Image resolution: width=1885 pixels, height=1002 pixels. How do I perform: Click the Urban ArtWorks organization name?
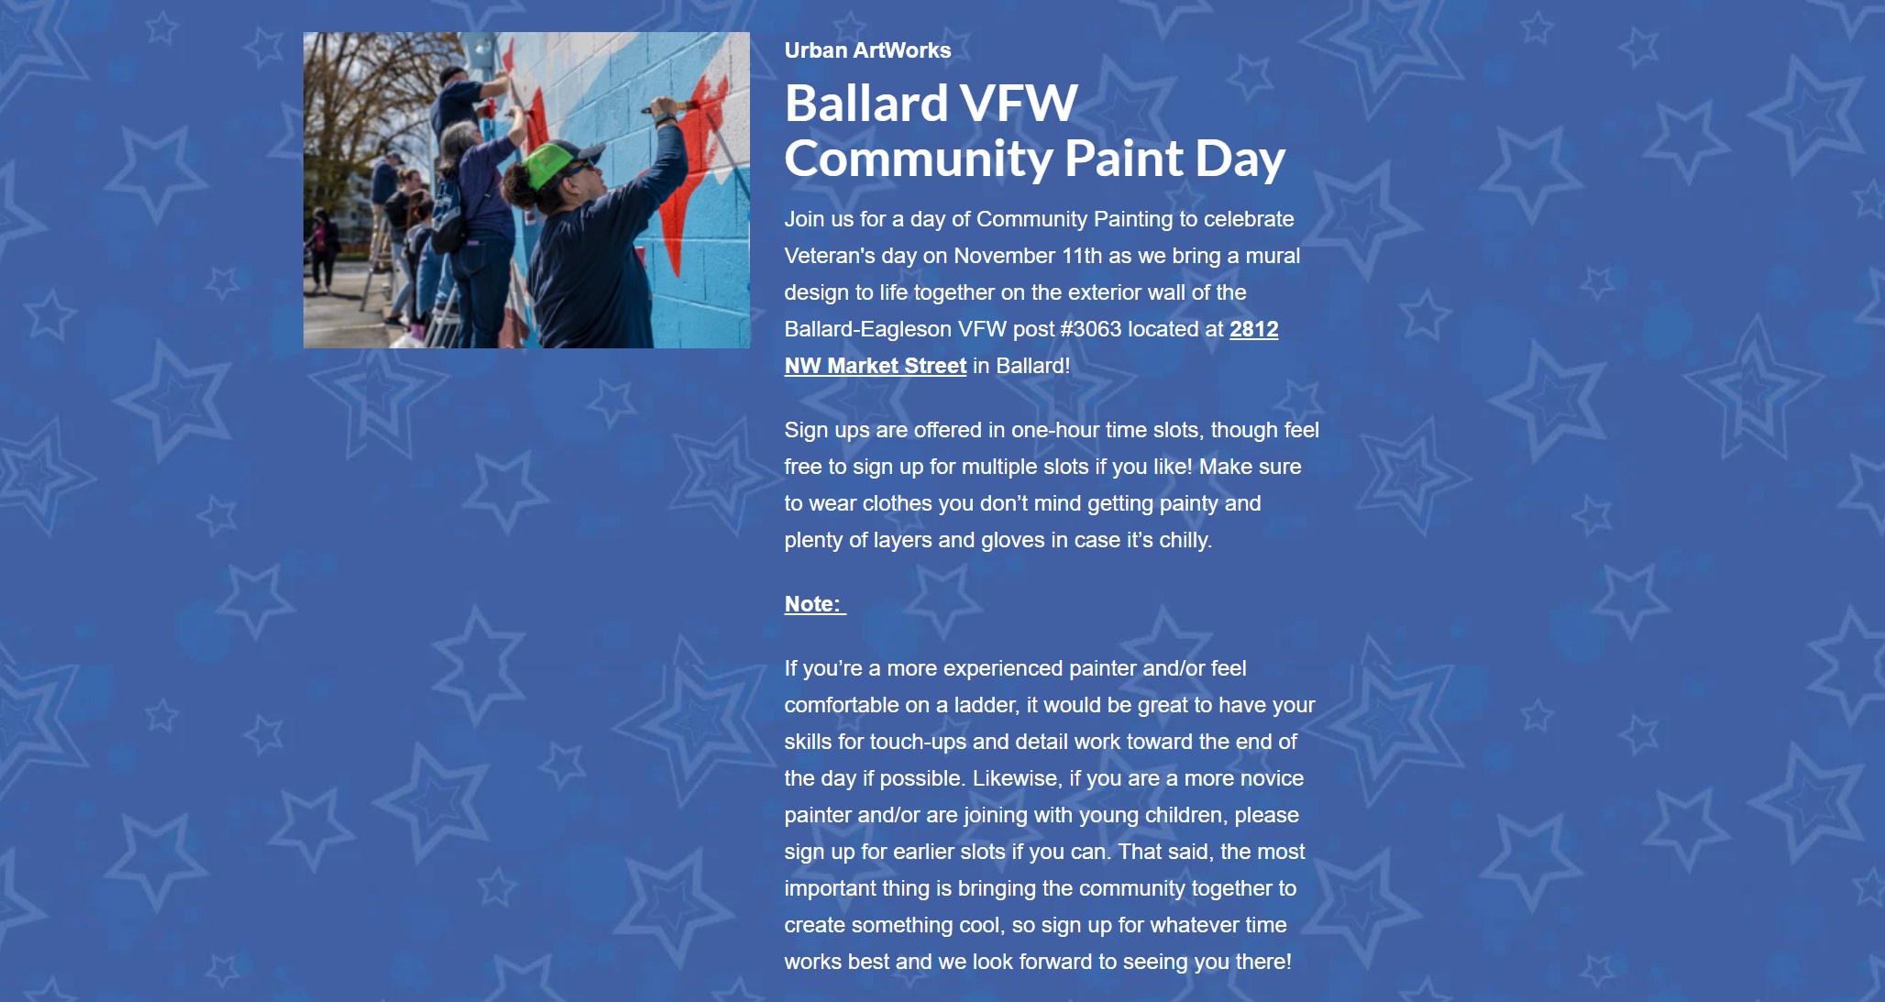(x=867, y=50)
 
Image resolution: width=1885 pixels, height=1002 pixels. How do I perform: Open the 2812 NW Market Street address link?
(x=1031, y=347)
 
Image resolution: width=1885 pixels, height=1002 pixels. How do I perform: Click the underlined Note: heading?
(x=815, y=604)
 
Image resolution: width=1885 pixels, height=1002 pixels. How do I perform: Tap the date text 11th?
(x=1082, y=256)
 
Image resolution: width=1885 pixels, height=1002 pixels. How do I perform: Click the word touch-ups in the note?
(x=918, y=742)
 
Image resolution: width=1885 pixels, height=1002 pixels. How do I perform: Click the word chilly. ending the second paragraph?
(x=1185, y=540)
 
